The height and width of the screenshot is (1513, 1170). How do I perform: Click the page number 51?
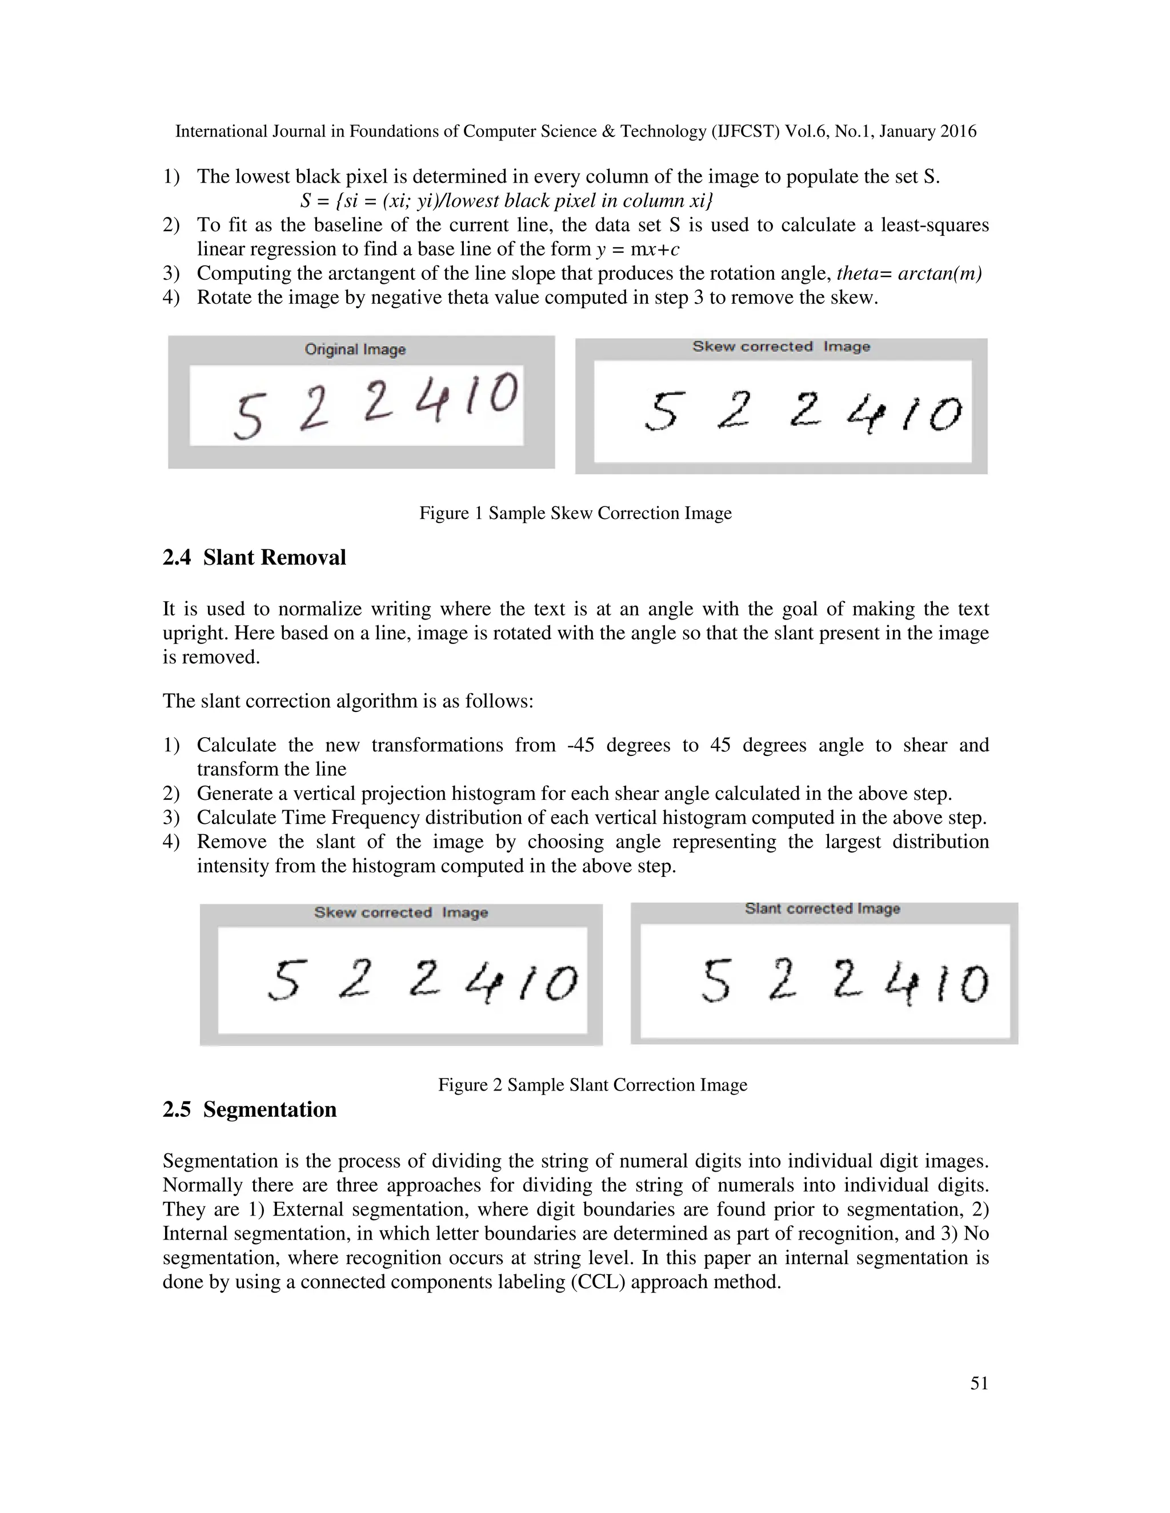(979, 1383)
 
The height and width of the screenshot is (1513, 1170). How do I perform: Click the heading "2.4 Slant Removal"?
(254, 558)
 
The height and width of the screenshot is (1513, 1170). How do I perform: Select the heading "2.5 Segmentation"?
(250, 1109)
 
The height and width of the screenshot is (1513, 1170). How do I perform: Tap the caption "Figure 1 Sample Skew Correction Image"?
(575, 513)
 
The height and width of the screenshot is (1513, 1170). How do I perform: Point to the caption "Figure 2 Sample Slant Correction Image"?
(592, 1085)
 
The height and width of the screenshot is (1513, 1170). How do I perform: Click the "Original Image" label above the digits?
(355, 350)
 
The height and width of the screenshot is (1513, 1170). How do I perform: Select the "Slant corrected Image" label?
(822, 908)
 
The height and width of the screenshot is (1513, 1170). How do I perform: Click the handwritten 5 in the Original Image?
(248, 416)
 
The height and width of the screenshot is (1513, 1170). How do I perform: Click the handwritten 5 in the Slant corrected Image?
(716, 981)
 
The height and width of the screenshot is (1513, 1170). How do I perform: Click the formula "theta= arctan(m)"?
(909, 273)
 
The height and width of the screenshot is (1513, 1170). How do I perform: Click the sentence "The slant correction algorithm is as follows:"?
(348, 701)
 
